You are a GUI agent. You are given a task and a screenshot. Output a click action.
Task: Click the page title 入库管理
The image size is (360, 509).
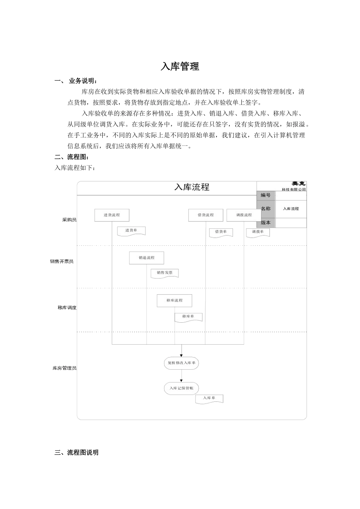point(180,67)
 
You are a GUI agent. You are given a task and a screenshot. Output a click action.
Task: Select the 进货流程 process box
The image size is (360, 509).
point(112,215)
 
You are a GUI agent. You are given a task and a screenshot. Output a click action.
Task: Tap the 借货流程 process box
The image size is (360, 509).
point(206,215)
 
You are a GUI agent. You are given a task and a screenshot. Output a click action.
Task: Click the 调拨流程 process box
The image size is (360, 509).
point(244,215)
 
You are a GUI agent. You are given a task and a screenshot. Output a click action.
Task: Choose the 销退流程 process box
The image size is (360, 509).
point(147,258)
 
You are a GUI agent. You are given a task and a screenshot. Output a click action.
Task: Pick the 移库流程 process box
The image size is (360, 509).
point(174,301)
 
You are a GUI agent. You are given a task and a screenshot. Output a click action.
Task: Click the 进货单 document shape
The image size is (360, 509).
point(131,231)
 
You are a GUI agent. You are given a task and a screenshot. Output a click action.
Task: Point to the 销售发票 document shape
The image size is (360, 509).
point(164,273)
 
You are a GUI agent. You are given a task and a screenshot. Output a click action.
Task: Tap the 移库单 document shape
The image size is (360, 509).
point(188,317)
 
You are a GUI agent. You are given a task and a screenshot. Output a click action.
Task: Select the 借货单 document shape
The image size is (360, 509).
point(221,232)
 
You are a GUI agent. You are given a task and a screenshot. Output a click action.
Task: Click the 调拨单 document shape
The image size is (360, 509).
point(258,232)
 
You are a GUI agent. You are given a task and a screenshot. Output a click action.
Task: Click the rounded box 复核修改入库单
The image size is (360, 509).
point(182,363)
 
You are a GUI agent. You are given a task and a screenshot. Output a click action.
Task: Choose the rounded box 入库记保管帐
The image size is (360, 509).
point(182,388)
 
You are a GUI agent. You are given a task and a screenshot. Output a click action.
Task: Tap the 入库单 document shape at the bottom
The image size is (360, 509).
point(209,398)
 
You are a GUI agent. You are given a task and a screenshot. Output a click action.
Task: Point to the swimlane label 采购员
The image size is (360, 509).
point(69,220)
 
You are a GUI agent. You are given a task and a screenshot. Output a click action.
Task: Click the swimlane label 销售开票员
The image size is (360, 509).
point(62,262)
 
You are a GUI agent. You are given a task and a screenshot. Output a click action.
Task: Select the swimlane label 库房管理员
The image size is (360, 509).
point(64,368)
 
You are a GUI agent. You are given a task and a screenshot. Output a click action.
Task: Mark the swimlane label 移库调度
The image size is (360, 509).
point(67,308)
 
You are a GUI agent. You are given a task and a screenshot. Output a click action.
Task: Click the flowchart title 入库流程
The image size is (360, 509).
point(192,187)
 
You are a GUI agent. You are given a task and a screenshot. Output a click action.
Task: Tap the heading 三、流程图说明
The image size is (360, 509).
point(77,453)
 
